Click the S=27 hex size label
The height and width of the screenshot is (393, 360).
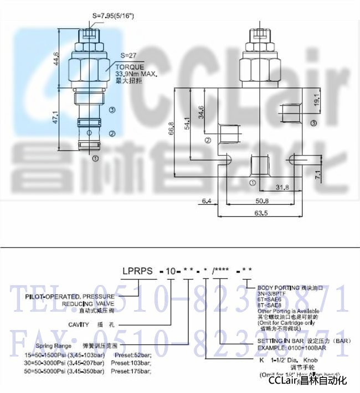click(128, 55)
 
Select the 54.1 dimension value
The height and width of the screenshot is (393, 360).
click(187, 123)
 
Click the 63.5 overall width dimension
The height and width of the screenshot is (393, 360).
click(261, 213)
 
